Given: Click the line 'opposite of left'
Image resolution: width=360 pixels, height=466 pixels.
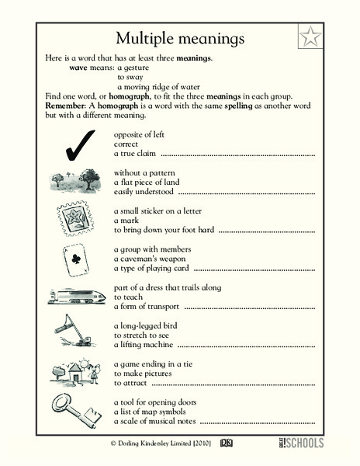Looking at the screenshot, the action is pos(140,134).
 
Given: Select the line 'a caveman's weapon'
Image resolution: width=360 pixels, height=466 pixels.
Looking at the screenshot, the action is pos(147,258).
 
